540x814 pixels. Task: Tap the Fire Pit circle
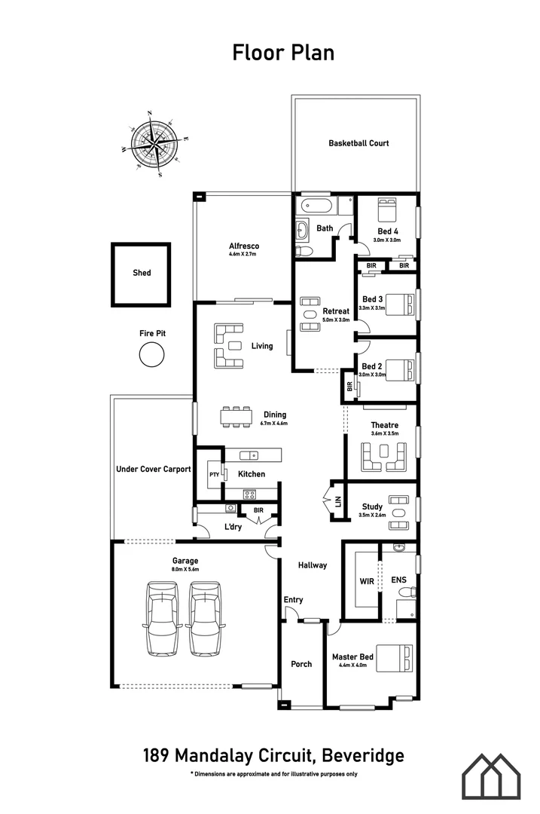click(x=151, y=353)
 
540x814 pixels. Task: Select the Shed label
click(x=142, y=273)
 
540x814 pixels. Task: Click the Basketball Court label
click(x=358, y=142)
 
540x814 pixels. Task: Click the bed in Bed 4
click(x=387, y=209)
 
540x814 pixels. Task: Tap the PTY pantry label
click(x=214, y=475)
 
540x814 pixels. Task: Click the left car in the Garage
click(x=163, y=618)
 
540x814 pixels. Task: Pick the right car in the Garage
click(x=205, y=618)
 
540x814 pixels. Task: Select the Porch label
click(x=301, y=664)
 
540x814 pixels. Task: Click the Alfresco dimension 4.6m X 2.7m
click(x=243, y=256)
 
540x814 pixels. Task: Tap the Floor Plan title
click(x=282, y=52)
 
